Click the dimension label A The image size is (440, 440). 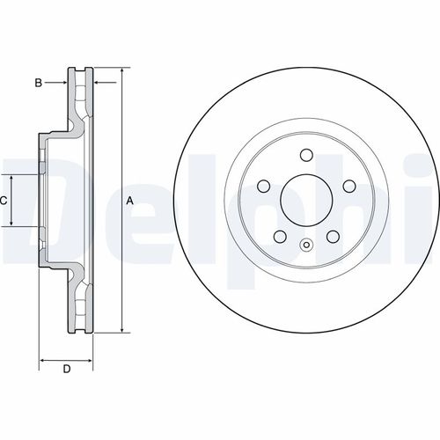130,202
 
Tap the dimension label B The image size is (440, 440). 38,83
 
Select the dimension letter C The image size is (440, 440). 4,202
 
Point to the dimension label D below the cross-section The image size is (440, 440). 66,369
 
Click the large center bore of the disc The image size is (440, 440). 305,202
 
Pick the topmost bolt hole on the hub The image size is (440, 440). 305,157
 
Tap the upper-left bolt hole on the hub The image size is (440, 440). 263,187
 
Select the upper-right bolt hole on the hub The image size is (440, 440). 348,187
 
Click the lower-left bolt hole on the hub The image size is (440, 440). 279,238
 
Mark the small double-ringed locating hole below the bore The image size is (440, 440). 305,246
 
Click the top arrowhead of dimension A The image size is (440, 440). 121,70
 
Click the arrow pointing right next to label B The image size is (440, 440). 63,83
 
